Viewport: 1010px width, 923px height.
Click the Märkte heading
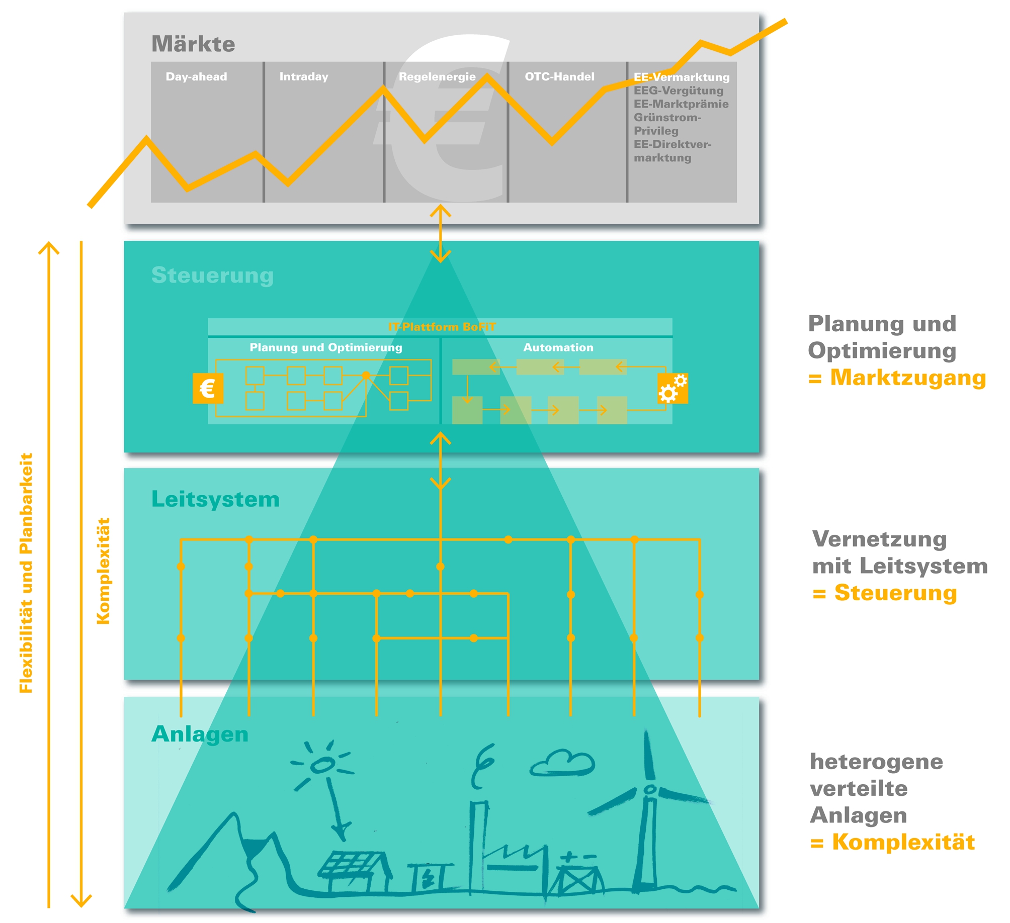(x=193, y=44)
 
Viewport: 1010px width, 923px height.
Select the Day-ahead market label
(x=196, y=77)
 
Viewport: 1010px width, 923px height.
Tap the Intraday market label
(x=303, y=77)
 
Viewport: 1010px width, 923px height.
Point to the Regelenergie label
(x=437, y=77)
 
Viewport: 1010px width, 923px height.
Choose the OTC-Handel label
(x=559, y=77)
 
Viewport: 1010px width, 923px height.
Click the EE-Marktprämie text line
(x=681, y=104)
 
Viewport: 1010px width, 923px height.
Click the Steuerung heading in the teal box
(x=212, y=275)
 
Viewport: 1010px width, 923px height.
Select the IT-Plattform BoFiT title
(x=441, y=327)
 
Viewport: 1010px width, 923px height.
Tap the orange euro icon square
(x=208, y=388)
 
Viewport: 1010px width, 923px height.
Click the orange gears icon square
(x=672, y=388)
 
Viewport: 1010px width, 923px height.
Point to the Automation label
(x=558, y=347)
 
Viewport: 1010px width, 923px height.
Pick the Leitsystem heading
(x=215, y=499)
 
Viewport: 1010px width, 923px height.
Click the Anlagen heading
(x=200, y=734)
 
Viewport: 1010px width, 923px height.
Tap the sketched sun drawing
(x=322, y=765)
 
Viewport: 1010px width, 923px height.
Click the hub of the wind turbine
(x=650, y=790)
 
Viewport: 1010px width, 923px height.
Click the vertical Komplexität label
(x=103, y=571)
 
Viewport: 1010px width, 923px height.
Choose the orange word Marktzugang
(x=907, y=378)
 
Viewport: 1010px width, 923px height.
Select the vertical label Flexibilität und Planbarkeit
(x=26, y=573)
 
